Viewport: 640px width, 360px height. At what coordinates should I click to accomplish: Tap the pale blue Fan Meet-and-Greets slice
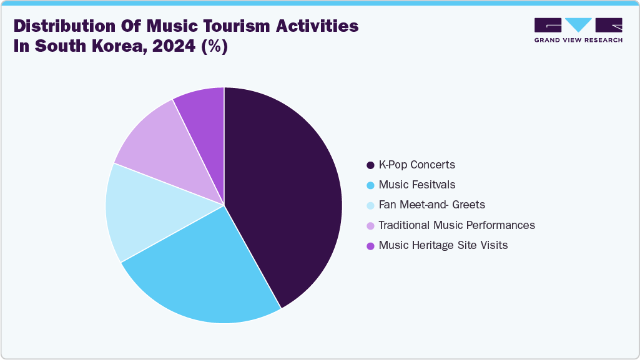(x=140, y=212)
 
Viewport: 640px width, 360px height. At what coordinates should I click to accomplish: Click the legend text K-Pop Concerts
(x=416, y=165)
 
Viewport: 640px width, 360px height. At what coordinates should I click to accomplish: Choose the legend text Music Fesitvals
(x=416, y=185)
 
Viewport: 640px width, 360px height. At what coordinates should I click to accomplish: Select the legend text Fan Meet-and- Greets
(x=431, y=205)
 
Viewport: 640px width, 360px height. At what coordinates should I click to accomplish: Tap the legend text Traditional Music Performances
(x=456, y=225)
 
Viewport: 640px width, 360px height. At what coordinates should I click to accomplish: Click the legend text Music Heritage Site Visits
(x=443, y=245)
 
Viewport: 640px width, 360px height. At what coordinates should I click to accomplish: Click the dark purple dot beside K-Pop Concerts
(x=370, y=165)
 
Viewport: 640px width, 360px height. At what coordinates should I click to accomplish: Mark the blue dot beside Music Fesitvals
(x=370, y=185)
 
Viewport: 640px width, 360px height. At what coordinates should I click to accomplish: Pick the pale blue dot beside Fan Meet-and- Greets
(x=370, y=205)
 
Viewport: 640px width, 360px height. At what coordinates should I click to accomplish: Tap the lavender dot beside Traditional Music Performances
(x=370, y=225)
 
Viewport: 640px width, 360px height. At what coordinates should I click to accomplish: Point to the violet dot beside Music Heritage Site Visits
(x=370, y=245)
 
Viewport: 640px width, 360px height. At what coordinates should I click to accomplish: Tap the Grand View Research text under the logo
(x=578, y=40)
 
